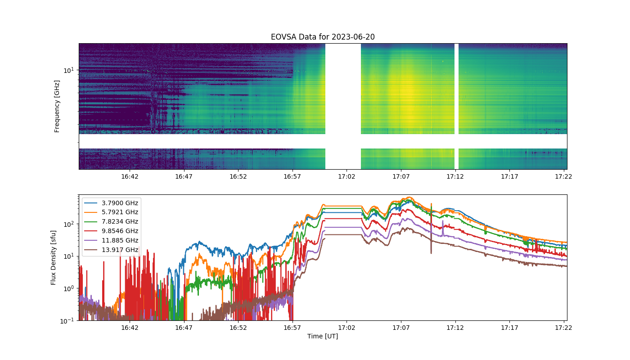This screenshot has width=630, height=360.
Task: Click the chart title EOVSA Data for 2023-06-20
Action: click(x=323, y=37)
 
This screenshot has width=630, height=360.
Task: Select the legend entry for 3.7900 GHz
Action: click(x=111, y=203)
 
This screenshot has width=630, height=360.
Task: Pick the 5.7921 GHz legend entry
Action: click(x=111, y=212)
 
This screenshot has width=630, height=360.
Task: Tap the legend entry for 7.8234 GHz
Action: click(x=111, y=221)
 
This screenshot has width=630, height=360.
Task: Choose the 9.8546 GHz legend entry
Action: click(x=111, y=231)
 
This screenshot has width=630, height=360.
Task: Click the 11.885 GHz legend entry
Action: click(x=111, y=240)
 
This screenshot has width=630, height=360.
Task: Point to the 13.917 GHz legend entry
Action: click(x=111, y=250)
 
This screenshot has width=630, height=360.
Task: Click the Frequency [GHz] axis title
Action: click(x=57, y=106)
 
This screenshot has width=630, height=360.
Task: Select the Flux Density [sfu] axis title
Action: click(x=53, y=257)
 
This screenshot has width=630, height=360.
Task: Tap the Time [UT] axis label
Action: click(x=323, y=337)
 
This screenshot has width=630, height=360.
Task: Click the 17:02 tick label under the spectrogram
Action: click(x=346, y=176)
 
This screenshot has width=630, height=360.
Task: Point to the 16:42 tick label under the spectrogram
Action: click(x=130, y=176)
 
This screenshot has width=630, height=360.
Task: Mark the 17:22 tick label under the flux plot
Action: click(x=563, y=328)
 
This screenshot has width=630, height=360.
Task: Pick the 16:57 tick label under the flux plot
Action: click(x=292, y=328)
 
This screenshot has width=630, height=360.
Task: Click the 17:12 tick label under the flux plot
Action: click(x=455, y=328)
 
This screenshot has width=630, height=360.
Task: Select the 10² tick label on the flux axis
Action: click(x=69, y=225)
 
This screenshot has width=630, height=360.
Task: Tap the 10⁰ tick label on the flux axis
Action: click(x=69, y=288)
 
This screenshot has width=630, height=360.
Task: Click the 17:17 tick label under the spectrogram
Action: click(x=509, y=176)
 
